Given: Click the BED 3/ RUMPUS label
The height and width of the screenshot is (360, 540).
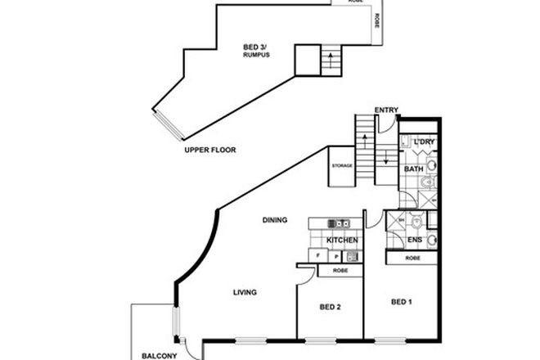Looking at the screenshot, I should coord(257,50).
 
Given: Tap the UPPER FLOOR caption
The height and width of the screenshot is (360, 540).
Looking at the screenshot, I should coord(210,150).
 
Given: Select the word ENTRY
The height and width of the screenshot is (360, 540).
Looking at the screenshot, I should coord(386,110).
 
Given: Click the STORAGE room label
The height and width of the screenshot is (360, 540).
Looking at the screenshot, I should coord(342,165).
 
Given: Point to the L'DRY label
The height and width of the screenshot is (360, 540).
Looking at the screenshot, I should coord(425,142).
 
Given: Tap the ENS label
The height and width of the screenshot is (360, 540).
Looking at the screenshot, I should coord(415,239).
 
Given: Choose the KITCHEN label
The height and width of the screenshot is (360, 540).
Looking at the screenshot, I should coord(341,240).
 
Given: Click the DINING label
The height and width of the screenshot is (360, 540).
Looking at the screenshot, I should coord(274,220).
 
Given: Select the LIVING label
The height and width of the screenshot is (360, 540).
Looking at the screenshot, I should coord(245,292).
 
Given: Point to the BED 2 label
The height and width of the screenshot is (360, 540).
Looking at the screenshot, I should coord(329,307).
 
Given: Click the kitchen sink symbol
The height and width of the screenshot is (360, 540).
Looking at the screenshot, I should coord(338,223).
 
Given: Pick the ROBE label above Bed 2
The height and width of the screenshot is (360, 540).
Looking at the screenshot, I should coord(340,270).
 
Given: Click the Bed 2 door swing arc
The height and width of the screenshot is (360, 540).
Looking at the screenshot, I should coord(304,278).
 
